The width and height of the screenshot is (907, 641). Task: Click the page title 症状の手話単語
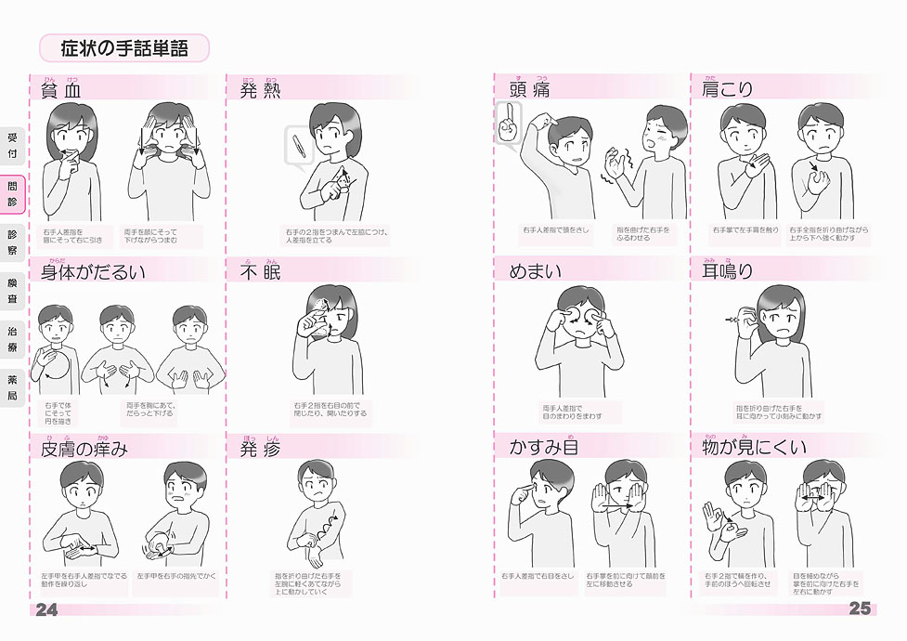click(x=123, y=48)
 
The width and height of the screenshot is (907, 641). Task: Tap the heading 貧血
click(x=62, y=90)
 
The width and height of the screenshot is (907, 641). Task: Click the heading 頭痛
click(x=530, y=90)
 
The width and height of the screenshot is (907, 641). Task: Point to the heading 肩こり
click(x=728, y=90)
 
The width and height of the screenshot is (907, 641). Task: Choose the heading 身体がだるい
click(x=93, y=272)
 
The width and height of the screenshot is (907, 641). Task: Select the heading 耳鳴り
click(x=728, y=272)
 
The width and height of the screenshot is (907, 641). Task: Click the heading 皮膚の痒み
click(x=84, y=449)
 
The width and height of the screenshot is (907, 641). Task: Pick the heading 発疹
click(x=262, y=449)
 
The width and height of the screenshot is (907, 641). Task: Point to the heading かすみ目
click(x=544, y=449)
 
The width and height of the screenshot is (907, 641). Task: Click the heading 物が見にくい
click(x=755, y=449)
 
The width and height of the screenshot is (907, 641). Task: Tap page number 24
click(x=46, y=609)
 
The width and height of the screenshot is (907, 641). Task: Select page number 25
click(x=860, y=609)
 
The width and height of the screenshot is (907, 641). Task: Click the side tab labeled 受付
click(x=12, y=145)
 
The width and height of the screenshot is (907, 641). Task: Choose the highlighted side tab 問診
click(x=12, y=193)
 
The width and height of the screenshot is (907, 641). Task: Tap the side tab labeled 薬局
click(x=12, y=387)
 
